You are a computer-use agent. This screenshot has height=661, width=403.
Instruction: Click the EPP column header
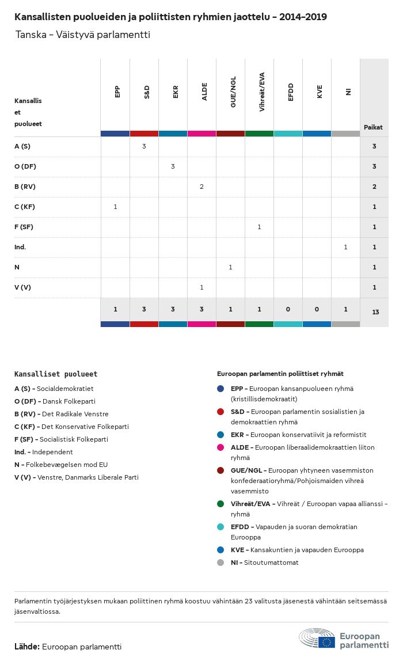tap(117, 92)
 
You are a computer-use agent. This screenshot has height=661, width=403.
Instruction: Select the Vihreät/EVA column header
tap(261, 92)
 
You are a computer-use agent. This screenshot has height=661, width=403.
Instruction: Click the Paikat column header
tap(373, 127)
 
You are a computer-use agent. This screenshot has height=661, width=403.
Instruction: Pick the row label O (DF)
tap(25, 166)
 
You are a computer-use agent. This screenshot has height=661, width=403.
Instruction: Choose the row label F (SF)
tap(24, 227)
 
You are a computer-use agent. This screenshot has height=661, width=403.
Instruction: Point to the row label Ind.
tap(20, 247)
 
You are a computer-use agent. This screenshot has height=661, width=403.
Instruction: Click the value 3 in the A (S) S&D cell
tap(144, 146)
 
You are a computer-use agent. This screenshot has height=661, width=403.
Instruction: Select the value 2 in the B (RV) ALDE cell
tap(201, 187)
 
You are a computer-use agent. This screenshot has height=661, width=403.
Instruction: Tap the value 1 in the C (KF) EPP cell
tap(115, 207)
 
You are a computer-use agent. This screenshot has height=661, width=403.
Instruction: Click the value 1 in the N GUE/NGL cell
tap(230, 267)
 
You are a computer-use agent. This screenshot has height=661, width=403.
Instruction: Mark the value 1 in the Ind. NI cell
tap(345, 247)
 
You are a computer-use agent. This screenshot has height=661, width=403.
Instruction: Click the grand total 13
tap(375, 312)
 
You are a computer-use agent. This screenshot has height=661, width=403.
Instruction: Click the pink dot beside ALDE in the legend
tap(220, 447)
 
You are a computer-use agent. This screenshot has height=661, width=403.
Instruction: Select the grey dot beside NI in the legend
tap(220, 563)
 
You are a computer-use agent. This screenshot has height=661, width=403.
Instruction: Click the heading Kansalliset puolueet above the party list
tap(56, 374)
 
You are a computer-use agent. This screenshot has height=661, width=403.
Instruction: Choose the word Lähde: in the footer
tap(26, 647)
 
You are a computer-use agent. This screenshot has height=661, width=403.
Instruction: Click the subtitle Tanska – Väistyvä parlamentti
tap(83, 35)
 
